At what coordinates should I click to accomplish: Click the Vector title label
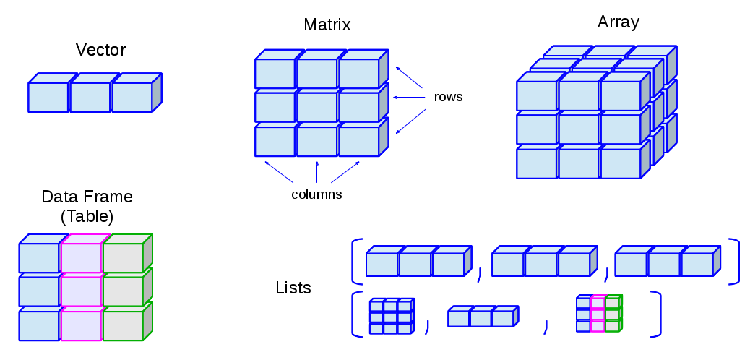pyautogui.click(x=100, y=50)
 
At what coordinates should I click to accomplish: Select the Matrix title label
pyautogui.click(x=327, y=25)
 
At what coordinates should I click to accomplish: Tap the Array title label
pyautogui.click(x=618, y=22)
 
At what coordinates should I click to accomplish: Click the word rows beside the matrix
pyautogui.click(x=448, y=96)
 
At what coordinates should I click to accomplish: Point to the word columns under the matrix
pyautogui.click(x=316, y=194)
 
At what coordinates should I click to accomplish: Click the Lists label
pyautogui.click(x=293, y=288)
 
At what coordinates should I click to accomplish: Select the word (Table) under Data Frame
pyautogui.click(x=87, y=215)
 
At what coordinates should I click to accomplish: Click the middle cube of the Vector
pyautogui.click(x=90, y=98)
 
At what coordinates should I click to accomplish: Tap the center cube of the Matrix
pyautogui.click(x=316, y=107)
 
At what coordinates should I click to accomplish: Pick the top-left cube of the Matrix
pyautogui.click(x=275, y=73)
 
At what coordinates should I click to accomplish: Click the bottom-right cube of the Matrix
pyautogui.click(x=358, y=142)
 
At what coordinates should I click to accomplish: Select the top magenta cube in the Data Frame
pyautogui.click(x=81, y=257)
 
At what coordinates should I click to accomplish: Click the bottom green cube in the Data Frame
pyautogui.click(x=122, y=325)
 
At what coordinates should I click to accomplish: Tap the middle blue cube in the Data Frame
pyautogui.click(x=39, y=291)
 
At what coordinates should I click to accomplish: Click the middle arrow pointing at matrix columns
pyautogui.click(x=316, y=172)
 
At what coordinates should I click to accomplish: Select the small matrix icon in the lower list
pyautogui.click(x=391, y=316)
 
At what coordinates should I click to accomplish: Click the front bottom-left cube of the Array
pyautogui.click(x=536, y=163)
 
